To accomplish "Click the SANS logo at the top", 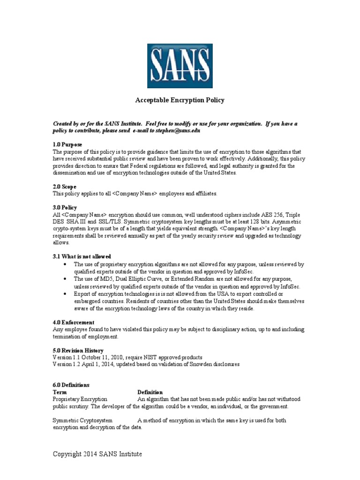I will pyautogui.click(x=180, y=66).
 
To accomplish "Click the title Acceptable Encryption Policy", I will pyautogui.click(x=180, y=100).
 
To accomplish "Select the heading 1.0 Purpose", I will pyautogui.click(x=67, y=145).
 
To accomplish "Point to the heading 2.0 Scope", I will pyautogui.click(x=64, y=187).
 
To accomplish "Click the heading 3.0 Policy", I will pyautogui.click(x=65, y=208).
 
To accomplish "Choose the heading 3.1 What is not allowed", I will pyautogui.click(x=82, y=256).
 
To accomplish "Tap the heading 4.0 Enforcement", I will pyautogui.click(x=73, y=322).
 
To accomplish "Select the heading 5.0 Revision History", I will pyautogui.click(x=78, y=350).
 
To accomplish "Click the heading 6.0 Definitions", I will pyautogui.click(x=71, y=385).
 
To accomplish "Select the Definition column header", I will pyautogui.click(x=150, y=392).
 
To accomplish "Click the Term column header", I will pyautogui.click(x=60, y=392).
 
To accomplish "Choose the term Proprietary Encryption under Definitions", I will pyautogui.click(x=80, y=399).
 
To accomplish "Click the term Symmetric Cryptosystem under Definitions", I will pyautogui.click(x=82, y=420).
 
